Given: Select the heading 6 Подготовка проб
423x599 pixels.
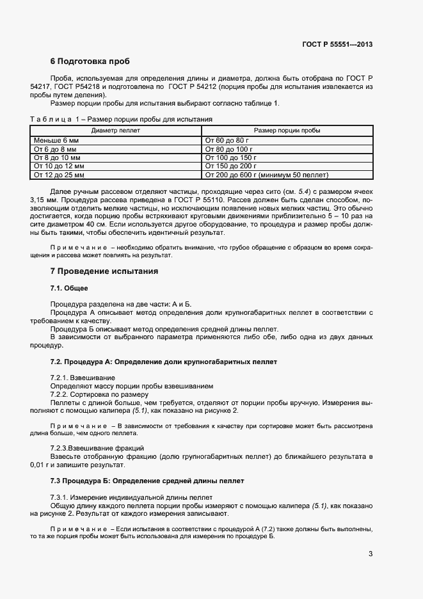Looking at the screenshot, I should coord(90,61).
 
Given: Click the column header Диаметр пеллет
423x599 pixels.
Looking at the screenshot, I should coord(116,131).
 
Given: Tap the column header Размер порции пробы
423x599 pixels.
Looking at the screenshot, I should coord(287,131).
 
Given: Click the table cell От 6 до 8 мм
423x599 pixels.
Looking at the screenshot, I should coord(54,148).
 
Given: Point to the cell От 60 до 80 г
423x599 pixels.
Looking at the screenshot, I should coord(227,140).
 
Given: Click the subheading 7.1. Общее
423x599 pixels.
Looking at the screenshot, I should coord(68,289).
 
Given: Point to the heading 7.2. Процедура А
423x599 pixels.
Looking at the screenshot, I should coord(163,362).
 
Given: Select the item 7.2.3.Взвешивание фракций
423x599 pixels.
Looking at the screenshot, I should coord(97,447).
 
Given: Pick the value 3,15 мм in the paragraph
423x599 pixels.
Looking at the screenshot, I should coord(42,199).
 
